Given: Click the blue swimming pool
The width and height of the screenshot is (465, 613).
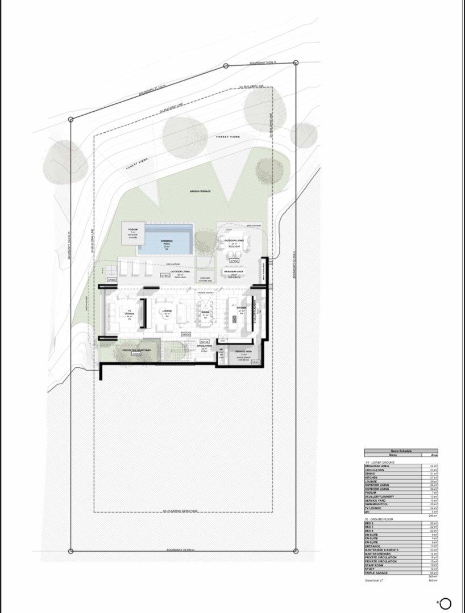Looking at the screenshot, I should pyautogui.click(x=167, y=238).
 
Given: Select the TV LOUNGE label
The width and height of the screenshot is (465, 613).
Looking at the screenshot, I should pyautogui.click(x=130, y=312).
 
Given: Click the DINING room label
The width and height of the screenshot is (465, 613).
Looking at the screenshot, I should pyautogui.click(x=205, y=312).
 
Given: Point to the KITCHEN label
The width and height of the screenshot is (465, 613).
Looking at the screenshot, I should pyautogui.click(x=241, y=308).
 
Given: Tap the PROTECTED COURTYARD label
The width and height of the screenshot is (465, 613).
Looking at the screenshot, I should pyautogui.click(x=136, y=350).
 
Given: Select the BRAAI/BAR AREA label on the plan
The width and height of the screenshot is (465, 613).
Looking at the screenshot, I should pyautogui.click(x=234, y=272).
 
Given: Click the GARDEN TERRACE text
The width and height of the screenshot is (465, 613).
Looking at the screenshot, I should pyautogui.click(x=200, y=191).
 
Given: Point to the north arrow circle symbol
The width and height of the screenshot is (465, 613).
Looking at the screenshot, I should pyautogui.click(x=445, y=603).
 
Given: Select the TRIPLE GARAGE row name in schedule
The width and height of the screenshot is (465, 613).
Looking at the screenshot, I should pyautogui.click(x=376, y=573).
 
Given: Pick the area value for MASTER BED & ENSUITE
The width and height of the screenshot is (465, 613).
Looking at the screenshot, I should pyautogui.click(x=434, y=550).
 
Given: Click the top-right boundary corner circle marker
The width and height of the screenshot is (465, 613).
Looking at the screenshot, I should pyautogui.click(x=296, y=64).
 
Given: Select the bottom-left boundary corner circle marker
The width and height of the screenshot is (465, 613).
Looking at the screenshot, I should pyautogui.click(x=70, y=551).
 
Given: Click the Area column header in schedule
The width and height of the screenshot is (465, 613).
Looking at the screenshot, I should pyautogui.click(x=434, y=455).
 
